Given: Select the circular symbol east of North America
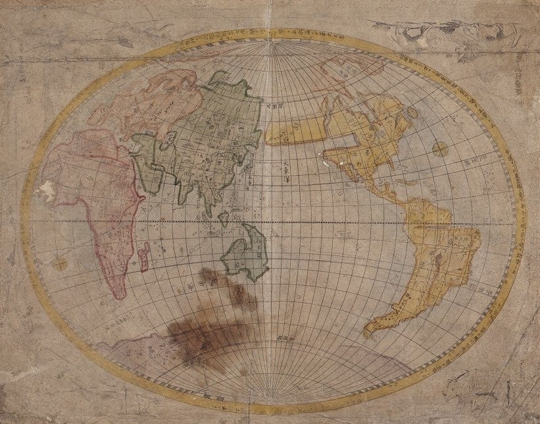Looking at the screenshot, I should pos(440,149).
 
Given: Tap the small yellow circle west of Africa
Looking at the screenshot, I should pos(60,265).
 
